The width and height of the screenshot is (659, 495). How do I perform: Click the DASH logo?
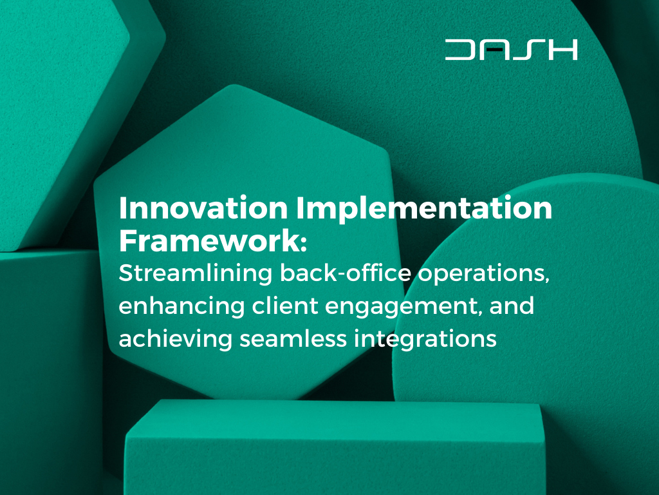[x=511, y=50]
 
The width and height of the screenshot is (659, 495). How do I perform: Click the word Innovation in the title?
[x=203, y=208]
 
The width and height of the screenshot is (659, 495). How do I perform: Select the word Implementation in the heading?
[x=424, y=208]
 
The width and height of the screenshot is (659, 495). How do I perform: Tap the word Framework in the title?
[x=209, y=241]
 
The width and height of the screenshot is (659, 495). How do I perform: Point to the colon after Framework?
[x=304, y=244]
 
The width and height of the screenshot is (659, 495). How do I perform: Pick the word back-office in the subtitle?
[x=345, y=273]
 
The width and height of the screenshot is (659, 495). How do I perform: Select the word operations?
[x=483, y=274]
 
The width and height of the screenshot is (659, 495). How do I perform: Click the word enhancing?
[x=181, y=306]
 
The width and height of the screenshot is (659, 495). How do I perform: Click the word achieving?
[x=175, y=339]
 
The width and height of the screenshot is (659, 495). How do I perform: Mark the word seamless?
[x=293, y=338]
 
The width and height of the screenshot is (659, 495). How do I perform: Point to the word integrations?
[x=425, y=340]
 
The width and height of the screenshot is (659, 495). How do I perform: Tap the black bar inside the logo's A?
[x=494, y=50]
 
